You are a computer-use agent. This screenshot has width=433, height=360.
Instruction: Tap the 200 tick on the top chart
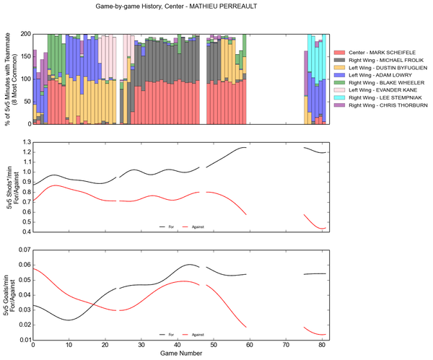point(24,34)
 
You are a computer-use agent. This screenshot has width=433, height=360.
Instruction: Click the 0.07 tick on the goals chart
point(22,250)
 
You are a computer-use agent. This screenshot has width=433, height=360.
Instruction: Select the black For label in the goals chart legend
point(171,334)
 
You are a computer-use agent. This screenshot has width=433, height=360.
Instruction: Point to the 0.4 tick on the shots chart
point(24,232)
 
